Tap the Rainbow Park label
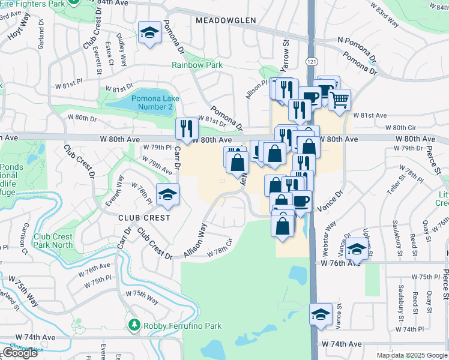click(197, 65)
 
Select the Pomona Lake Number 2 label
click(152, 102)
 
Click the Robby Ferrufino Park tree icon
click(134, 326)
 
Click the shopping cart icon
click(340, 100)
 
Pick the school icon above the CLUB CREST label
click(167, 194)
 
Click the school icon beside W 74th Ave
click(321, 314)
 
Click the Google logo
click(19, 353)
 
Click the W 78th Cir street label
click(220, 248)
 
